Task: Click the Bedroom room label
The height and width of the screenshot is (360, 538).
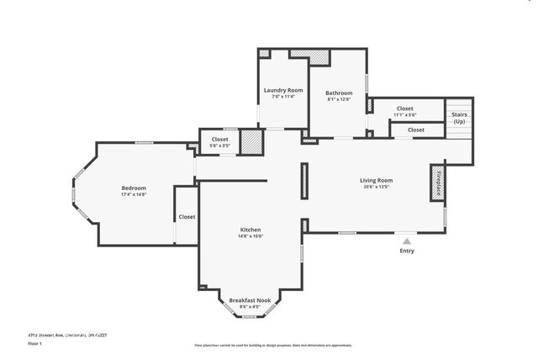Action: [134, 188]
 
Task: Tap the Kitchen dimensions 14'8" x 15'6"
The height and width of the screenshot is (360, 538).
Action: [251, 236]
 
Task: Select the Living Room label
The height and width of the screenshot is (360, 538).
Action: [377, 180]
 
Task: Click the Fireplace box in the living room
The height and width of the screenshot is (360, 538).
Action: [437, 183]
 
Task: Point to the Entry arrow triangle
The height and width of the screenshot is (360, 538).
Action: [407, 241]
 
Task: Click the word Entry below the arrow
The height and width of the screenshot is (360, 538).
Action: [407, 251]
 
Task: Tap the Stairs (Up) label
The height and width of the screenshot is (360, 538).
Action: [459, 118]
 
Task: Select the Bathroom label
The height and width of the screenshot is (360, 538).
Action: [339, 93]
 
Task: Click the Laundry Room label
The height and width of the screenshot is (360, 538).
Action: [283, 90]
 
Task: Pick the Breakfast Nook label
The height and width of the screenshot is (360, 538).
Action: [250, 299]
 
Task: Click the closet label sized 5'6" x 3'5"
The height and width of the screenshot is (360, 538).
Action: [220, 139]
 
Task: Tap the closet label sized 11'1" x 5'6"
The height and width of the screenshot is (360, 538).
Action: [405, 109]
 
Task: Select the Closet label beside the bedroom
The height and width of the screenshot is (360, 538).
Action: [187, 216]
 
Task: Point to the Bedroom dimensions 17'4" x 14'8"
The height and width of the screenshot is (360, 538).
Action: [134, 194]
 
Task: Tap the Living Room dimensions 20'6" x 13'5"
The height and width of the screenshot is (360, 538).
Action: [377, 187]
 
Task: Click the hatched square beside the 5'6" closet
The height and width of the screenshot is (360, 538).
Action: [251, 141]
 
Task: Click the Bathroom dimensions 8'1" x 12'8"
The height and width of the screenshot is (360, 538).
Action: [339, 99]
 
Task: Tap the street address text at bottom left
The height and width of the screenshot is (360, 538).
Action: [67, 335]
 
